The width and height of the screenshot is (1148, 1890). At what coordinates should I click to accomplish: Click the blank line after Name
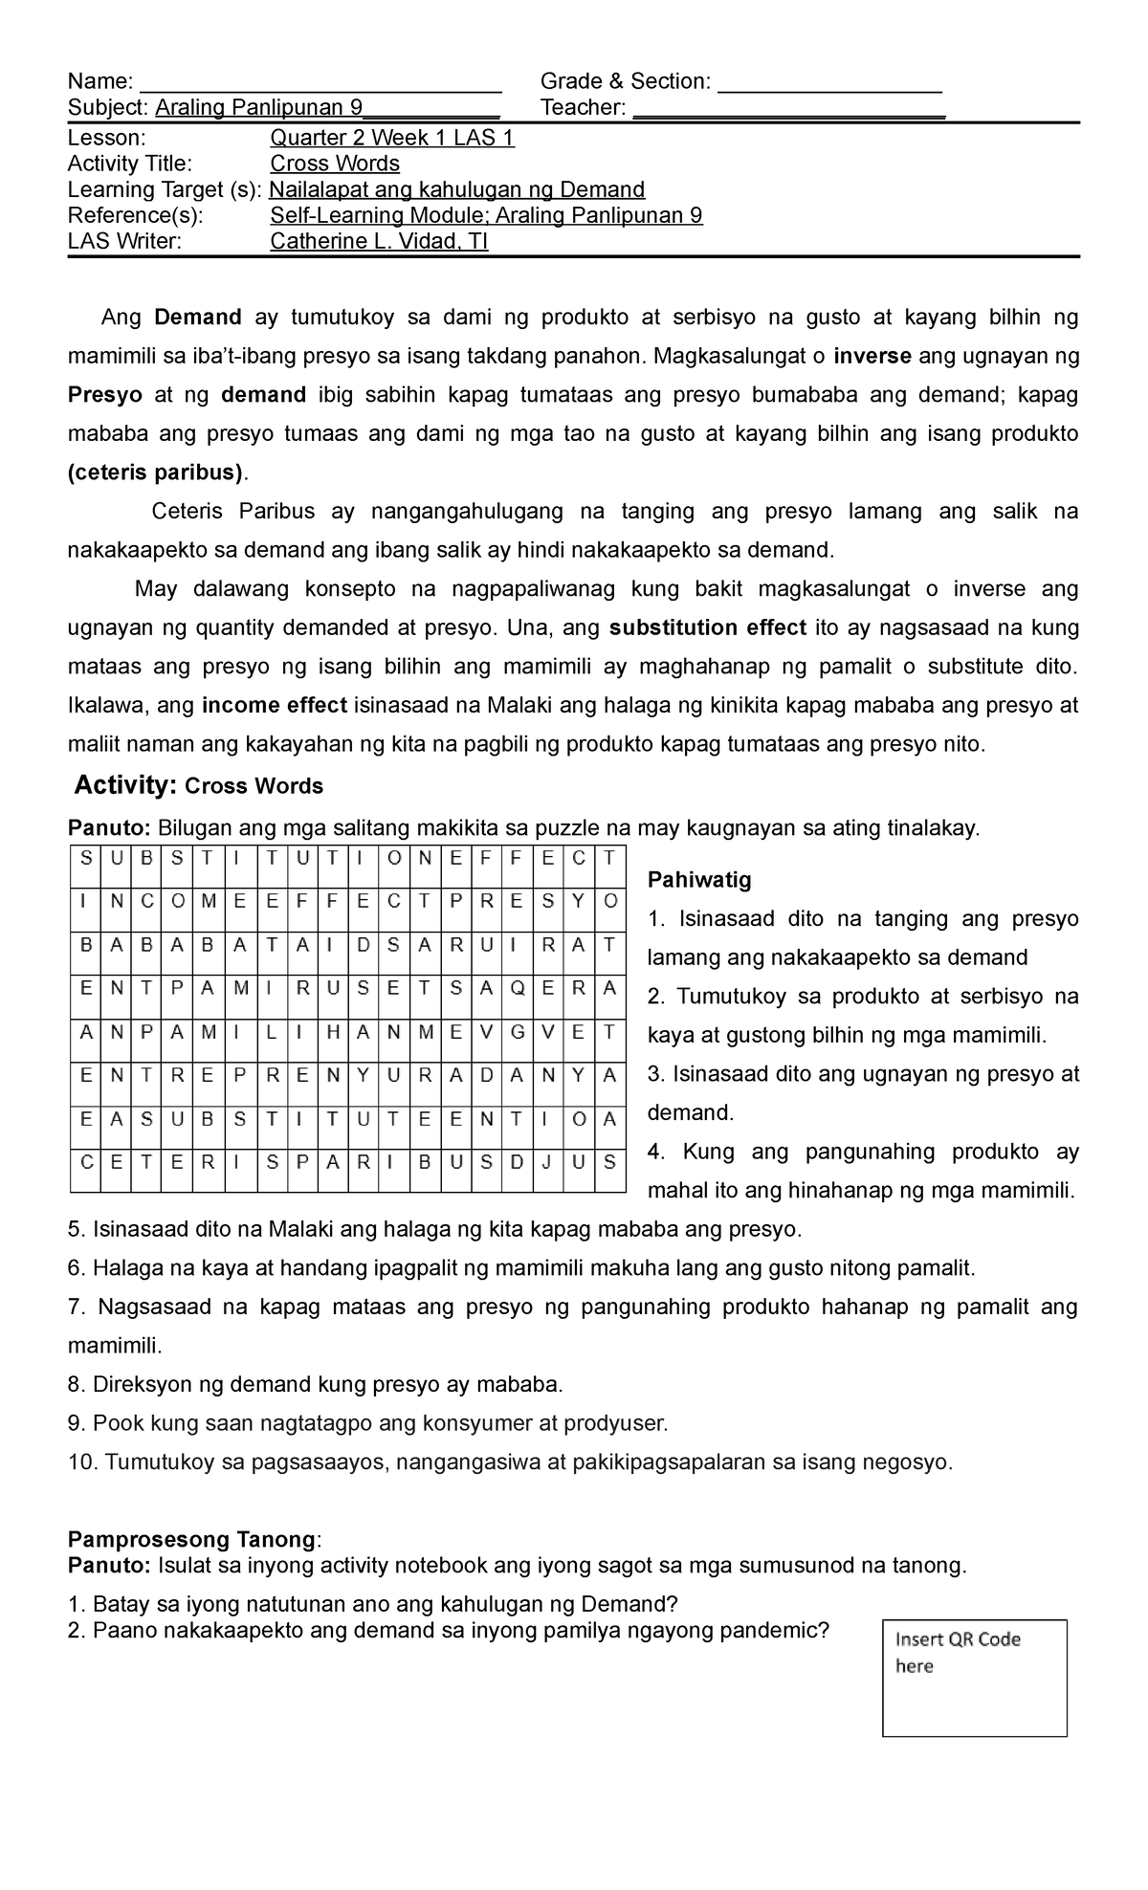tap(320, 84)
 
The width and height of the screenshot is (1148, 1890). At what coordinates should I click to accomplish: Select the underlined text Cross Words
tap(335, 164)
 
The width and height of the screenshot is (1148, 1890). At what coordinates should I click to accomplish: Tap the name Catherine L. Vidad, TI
tap(379, 241)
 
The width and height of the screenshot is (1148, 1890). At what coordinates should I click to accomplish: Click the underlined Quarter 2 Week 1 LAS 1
tap(392, 138)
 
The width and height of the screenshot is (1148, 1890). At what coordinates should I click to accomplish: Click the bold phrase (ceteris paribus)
tap(156, 472)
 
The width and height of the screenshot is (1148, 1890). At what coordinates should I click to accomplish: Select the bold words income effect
tap(275, 706)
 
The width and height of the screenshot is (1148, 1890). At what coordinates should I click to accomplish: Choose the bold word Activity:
tap(126, 785)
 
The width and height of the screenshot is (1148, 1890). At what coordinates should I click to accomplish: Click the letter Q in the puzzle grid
tap(518, 989)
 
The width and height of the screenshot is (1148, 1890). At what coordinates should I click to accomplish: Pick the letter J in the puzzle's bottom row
tap(547, 1163)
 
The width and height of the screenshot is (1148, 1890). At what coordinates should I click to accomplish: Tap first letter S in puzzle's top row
tap(85, 859)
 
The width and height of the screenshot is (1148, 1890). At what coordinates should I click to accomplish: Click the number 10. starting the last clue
tap(83, 1461)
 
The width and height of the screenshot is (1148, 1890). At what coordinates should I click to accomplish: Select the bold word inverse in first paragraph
tap(872, 357)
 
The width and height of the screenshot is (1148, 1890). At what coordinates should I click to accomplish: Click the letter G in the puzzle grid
tap(518, 1033)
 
